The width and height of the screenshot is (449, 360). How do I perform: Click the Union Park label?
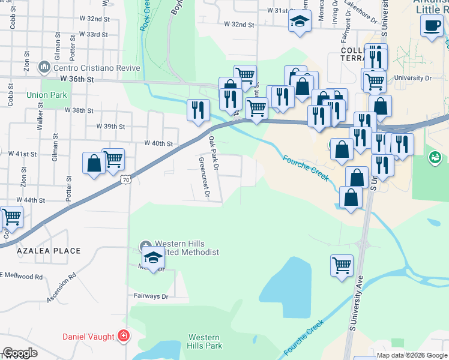[47, 95]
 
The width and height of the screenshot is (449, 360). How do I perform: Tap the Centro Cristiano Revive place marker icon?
[43, 67]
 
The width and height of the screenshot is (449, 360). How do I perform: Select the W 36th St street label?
[77, 79]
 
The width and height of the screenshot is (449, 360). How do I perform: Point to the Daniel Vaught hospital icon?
[124, 336]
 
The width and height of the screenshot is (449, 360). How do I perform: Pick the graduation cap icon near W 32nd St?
[298, 22]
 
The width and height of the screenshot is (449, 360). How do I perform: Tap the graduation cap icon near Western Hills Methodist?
[153, 257]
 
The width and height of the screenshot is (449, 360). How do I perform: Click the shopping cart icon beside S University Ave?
[342, 265]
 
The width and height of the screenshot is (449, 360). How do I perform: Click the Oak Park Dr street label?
[214, 153]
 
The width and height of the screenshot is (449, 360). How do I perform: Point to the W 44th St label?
[31, 200]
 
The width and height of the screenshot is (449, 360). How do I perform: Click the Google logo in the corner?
[20, 353]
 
